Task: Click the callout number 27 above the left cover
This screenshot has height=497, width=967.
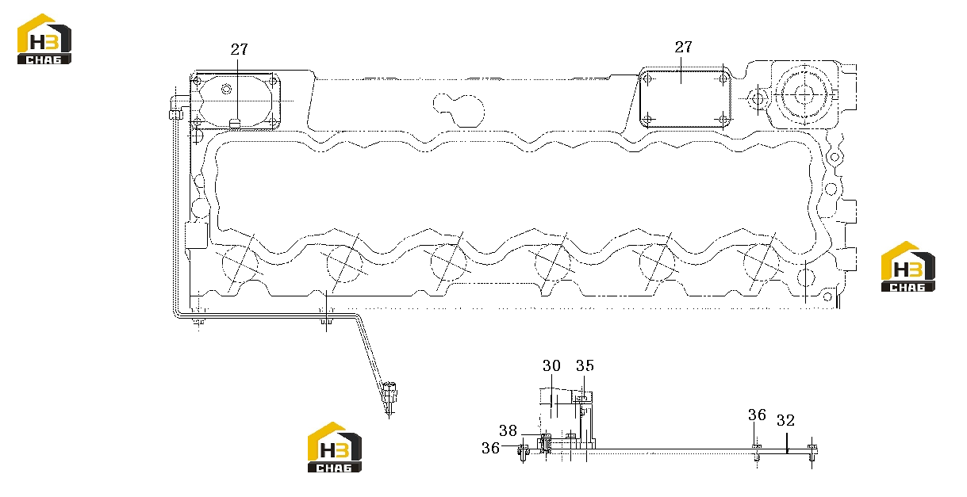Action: pos(239,49)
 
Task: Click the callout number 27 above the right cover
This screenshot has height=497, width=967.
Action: pos(683,47)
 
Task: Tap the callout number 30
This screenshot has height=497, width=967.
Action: pos(551,366)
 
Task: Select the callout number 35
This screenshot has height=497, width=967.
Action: pos(585,366)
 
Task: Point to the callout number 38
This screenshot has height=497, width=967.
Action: pos(508,430)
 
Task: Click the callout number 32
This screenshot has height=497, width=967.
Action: pos(785,421)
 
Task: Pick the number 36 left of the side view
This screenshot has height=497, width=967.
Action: pos(490,448)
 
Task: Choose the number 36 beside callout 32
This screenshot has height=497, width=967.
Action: pos(758,415)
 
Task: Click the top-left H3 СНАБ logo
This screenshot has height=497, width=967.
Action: pos(44,40)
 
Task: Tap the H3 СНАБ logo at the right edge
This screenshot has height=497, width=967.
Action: pos(908,266)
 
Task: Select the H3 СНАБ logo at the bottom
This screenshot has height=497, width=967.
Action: pos(335,447)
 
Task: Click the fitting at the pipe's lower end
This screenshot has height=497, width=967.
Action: pos(389,398)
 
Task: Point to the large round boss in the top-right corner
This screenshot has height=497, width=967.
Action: pos(804,94)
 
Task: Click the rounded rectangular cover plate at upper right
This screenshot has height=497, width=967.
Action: pos(685,98)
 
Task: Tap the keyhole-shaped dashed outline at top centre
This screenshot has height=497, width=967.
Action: pos(459,109)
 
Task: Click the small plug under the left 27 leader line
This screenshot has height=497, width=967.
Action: pos(234,124)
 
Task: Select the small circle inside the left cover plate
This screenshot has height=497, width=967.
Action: pos(226,90)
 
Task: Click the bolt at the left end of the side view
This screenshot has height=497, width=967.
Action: pos(524,452)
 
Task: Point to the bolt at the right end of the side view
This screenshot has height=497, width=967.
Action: pos(812,453)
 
